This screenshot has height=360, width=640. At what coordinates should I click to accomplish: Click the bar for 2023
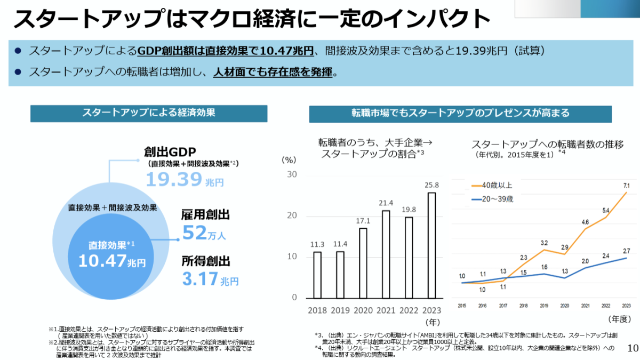coord(431,245)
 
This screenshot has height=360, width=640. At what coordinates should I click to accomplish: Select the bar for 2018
coord(317,275)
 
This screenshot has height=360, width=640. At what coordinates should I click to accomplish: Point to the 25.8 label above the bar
coord(431,185)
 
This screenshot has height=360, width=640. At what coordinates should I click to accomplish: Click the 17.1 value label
coord(363,220)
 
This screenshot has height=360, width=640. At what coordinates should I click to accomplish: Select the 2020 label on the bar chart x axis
coord(363,310)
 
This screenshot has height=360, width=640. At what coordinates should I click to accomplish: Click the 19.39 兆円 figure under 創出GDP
coord(185,180)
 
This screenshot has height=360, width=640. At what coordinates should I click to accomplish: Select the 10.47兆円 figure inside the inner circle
coord(111,261)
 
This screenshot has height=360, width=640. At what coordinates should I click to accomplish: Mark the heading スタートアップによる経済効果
coord(149,113)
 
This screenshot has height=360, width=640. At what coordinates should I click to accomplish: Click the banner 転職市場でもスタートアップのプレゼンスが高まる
coord(460,113)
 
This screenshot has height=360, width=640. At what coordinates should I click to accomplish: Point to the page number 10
coord(633,349)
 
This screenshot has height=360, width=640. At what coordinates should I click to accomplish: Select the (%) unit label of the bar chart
coord(288,159)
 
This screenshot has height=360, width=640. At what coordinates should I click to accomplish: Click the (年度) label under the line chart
coord(620,318)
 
